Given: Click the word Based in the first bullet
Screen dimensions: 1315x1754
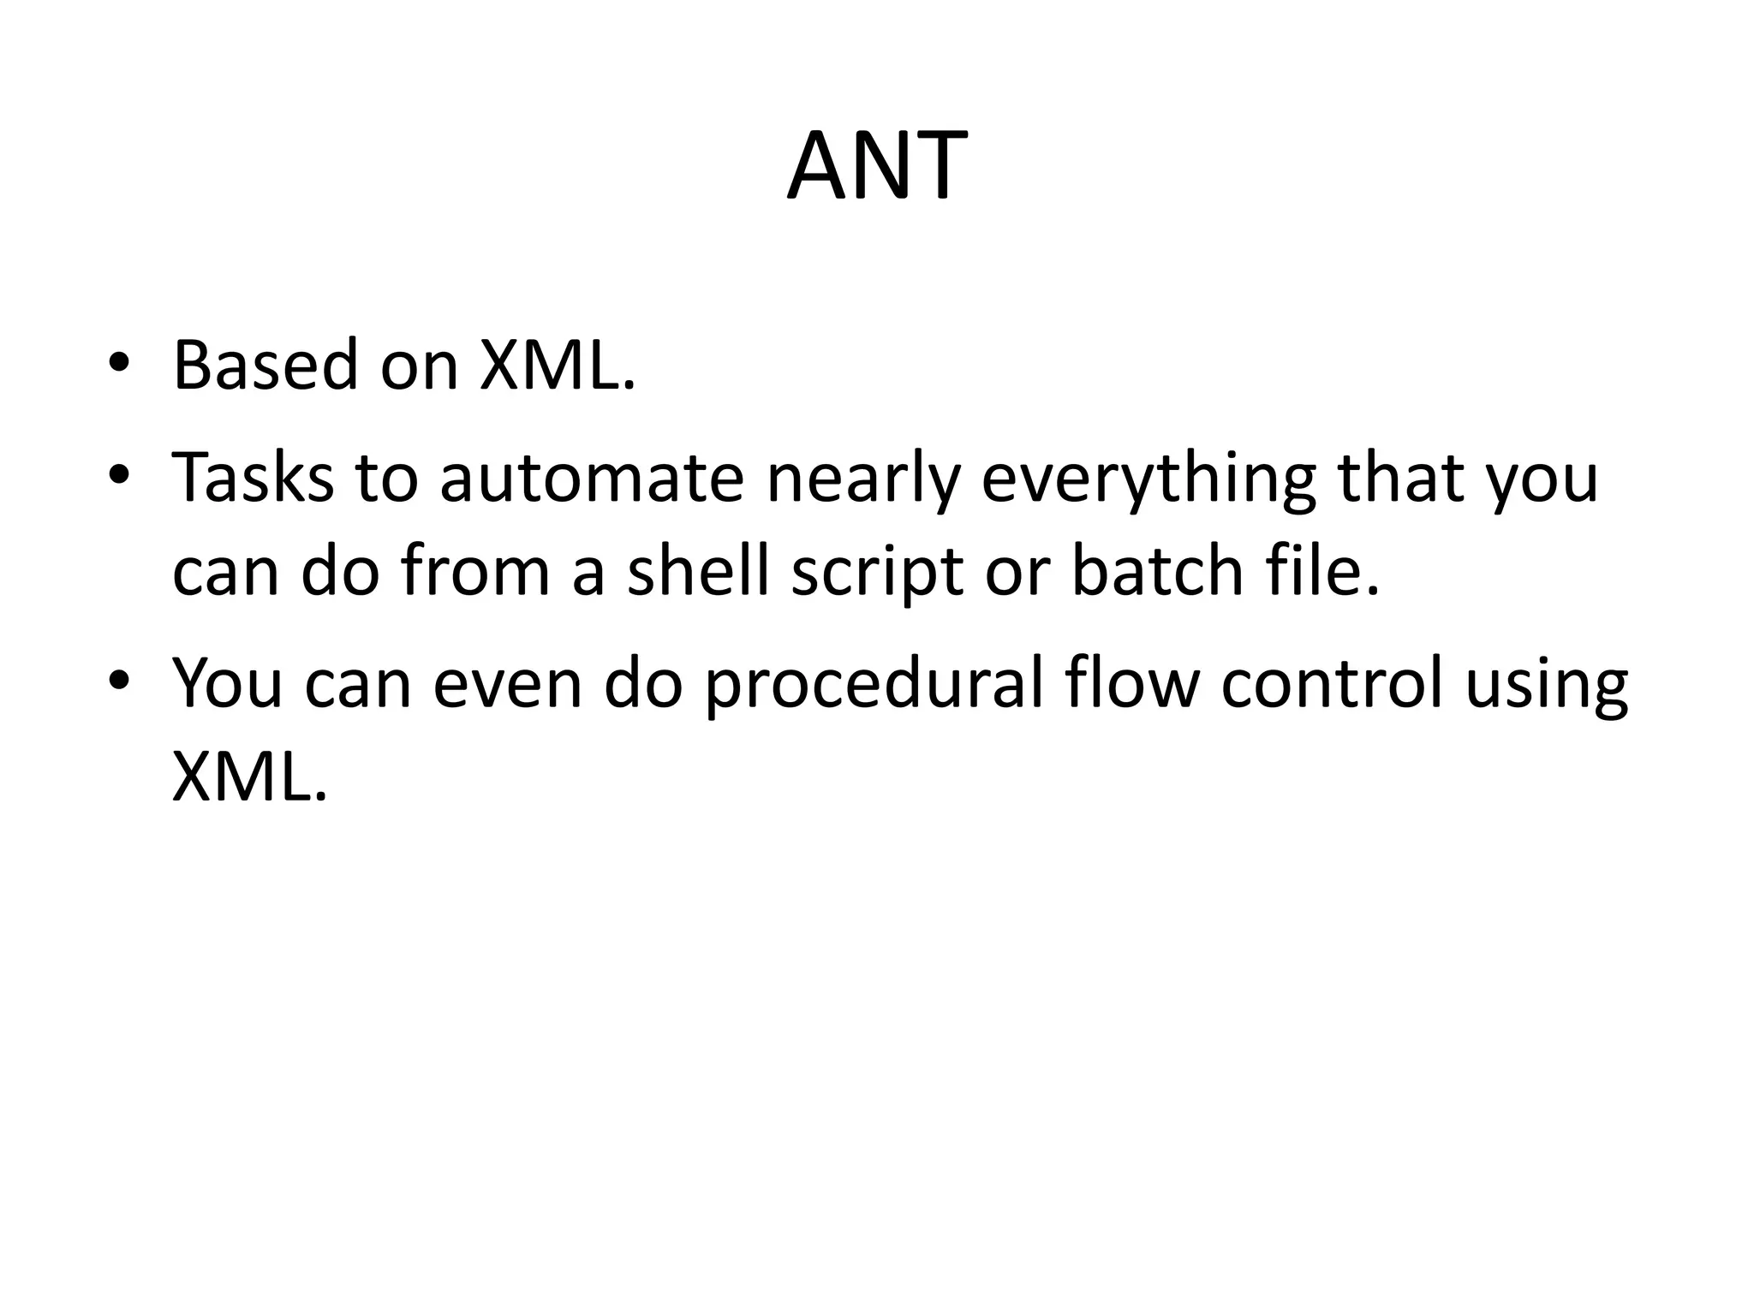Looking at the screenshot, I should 265,366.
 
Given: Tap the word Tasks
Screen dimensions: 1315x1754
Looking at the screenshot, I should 253,478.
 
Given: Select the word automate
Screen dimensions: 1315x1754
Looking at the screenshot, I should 592,478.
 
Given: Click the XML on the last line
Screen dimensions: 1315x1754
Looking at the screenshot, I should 249,777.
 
